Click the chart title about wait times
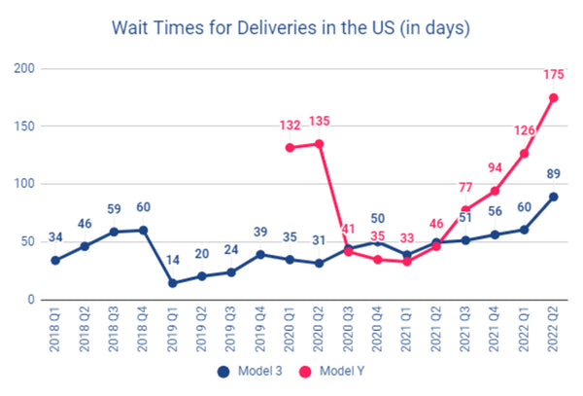pyautogui.click(x=291, y=28)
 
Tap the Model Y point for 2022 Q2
pyautogui.click(x=553, y=98)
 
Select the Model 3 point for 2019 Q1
pyautogui.click(x=173, y=283)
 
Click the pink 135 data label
pyautogui.click(x=320, y=121)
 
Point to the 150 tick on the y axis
pyautogui.click(x=24, y=126)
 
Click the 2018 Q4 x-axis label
pyautogui.click(x=143, y=329)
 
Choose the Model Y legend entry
pyautogui.click(x=332, y=371)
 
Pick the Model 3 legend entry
pyautogui.click(x=250, y=371)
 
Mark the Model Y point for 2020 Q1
pyautogui.click(x=290, y=148)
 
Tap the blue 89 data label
pyautogui.click(x=553, y=174)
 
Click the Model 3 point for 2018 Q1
pyautogui.click(x=55, y=260)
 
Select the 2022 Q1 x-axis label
pyautogui.click(x=524, y=329)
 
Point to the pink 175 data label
pyautogui.click(x=554, y=75)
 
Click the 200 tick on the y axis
pyautogui.click(x=24, y=68)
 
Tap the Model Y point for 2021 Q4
pyautogui.click(x=495, y=191)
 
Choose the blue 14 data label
pyautogui.click(x=173, y=260)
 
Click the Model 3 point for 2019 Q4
pyautogui.click(x=260, y=255)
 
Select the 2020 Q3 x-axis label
pyautogui.click(x=348, y=329)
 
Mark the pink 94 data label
pyautogui.click(x=495, y=168)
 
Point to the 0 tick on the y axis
pyautogui.click(x=31, y=300)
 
